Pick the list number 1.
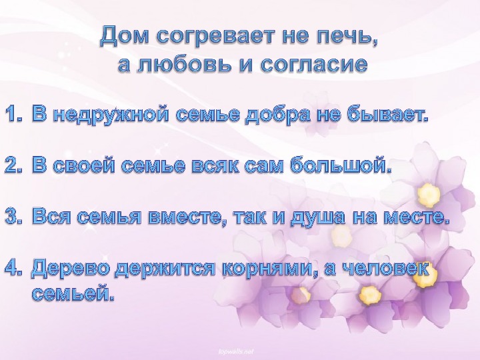[x=14, y=115]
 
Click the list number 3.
[x=14, y=217]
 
